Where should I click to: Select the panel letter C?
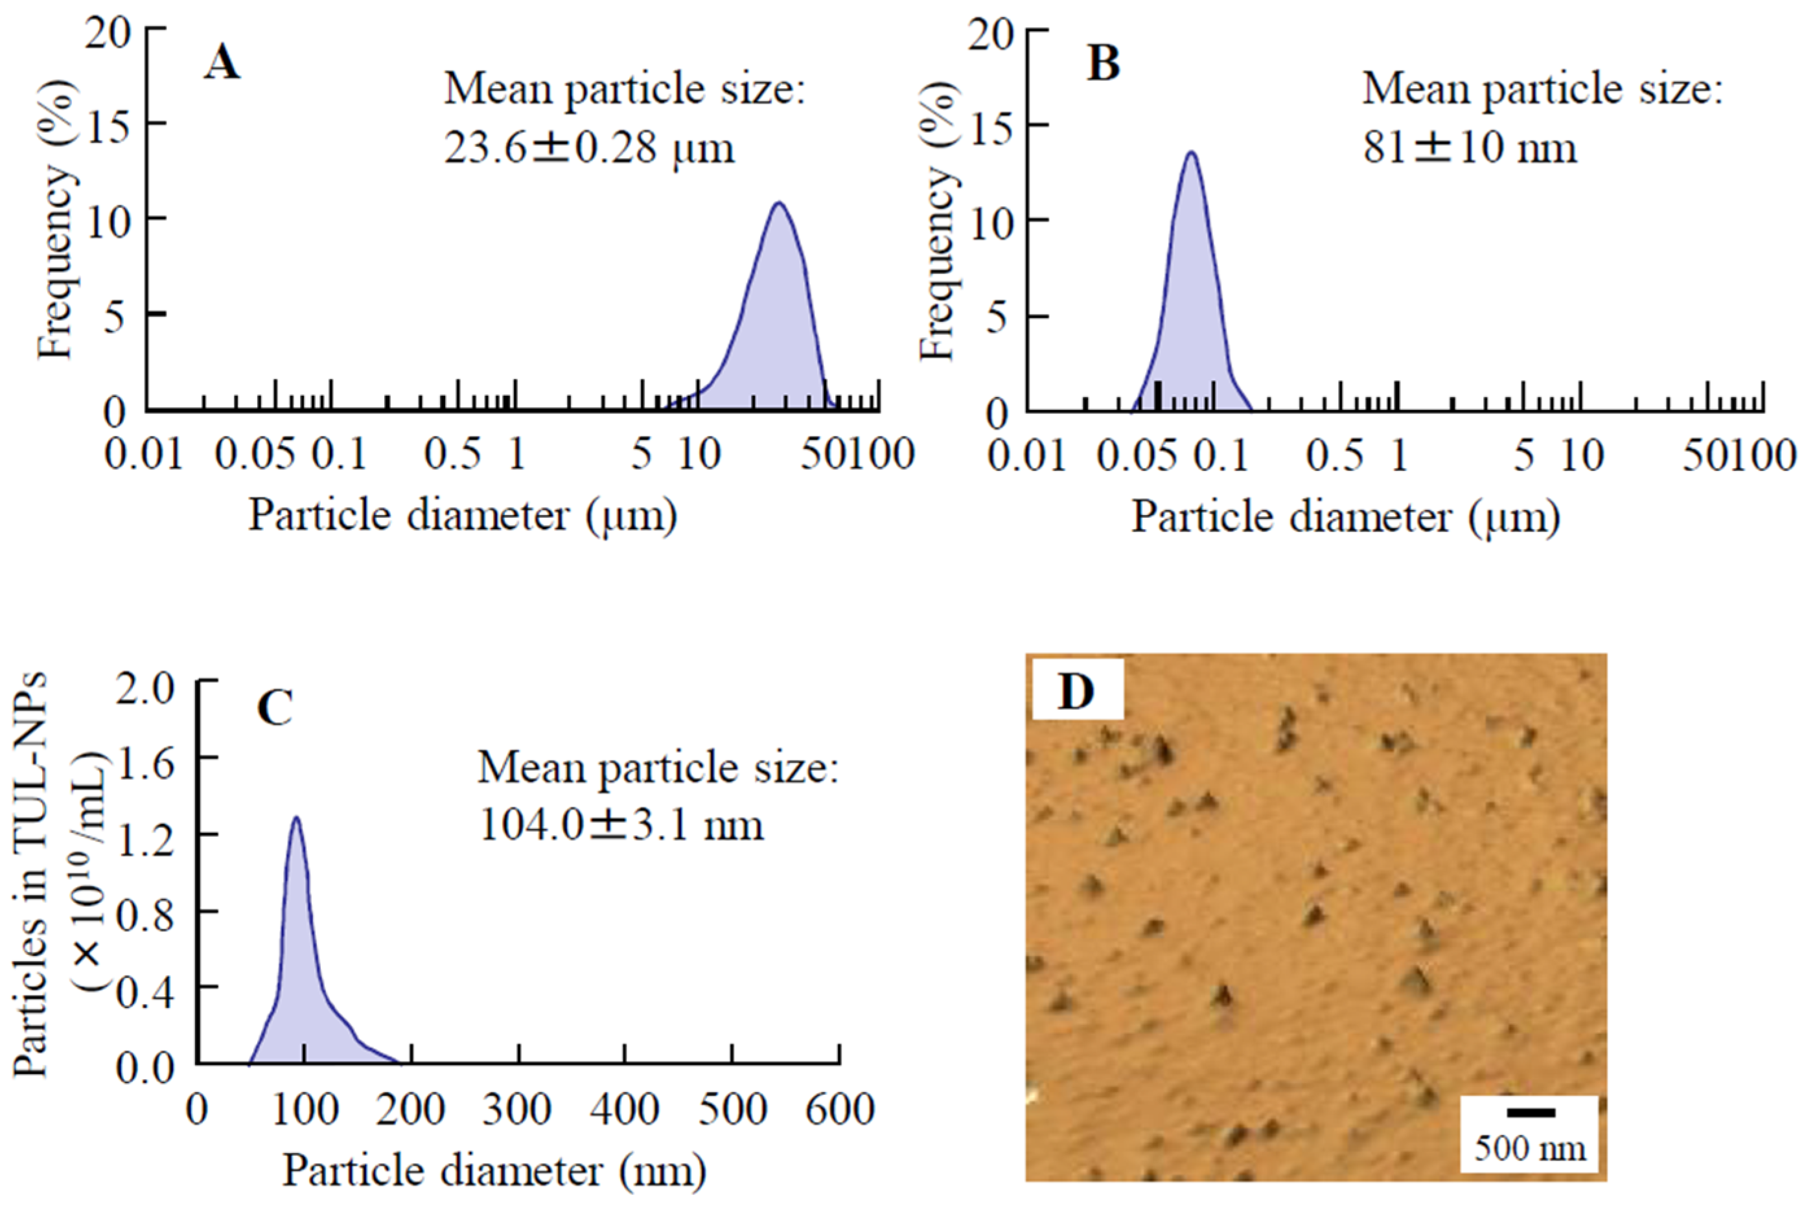(x=274, y=707)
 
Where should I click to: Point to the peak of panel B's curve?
(x=1192, y=153)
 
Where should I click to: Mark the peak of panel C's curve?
(x=295, y=817)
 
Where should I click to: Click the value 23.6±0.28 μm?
(x=589, y=146)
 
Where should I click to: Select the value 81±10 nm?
(x=1469, y=146)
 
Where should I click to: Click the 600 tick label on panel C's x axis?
(x=840, y=1110)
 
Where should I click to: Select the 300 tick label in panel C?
(x=518, y=1110)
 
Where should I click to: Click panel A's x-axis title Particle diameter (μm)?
(x=463, y=516)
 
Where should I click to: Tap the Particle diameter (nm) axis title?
(x=494, y=1170)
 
